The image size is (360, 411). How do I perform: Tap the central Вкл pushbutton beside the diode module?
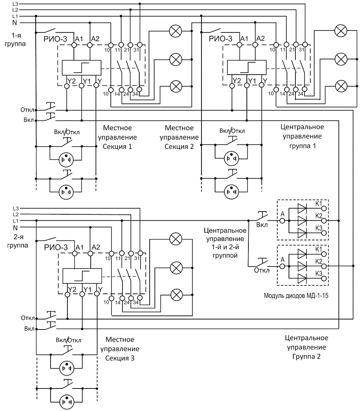pyautogui.click(x=262, y=217)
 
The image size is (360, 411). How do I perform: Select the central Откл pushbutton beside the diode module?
pyautogui.click(x=262, y=263)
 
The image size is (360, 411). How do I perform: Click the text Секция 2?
pyautogui.click(x=179, y=146)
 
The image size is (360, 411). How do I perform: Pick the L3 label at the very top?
pyautogui.click(x=15, y=4)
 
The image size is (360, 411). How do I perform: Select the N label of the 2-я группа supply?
pyautogui.click(x=15, y=228)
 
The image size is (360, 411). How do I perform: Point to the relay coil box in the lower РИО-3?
pyautogui.click(x=81, y=277)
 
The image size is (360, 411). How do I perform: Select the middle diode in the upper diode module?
pyautogui.click(x=302, y=220)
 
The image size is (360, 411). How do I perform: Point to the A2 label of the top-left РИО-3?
pyautogui.click(x=96, y=38)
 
